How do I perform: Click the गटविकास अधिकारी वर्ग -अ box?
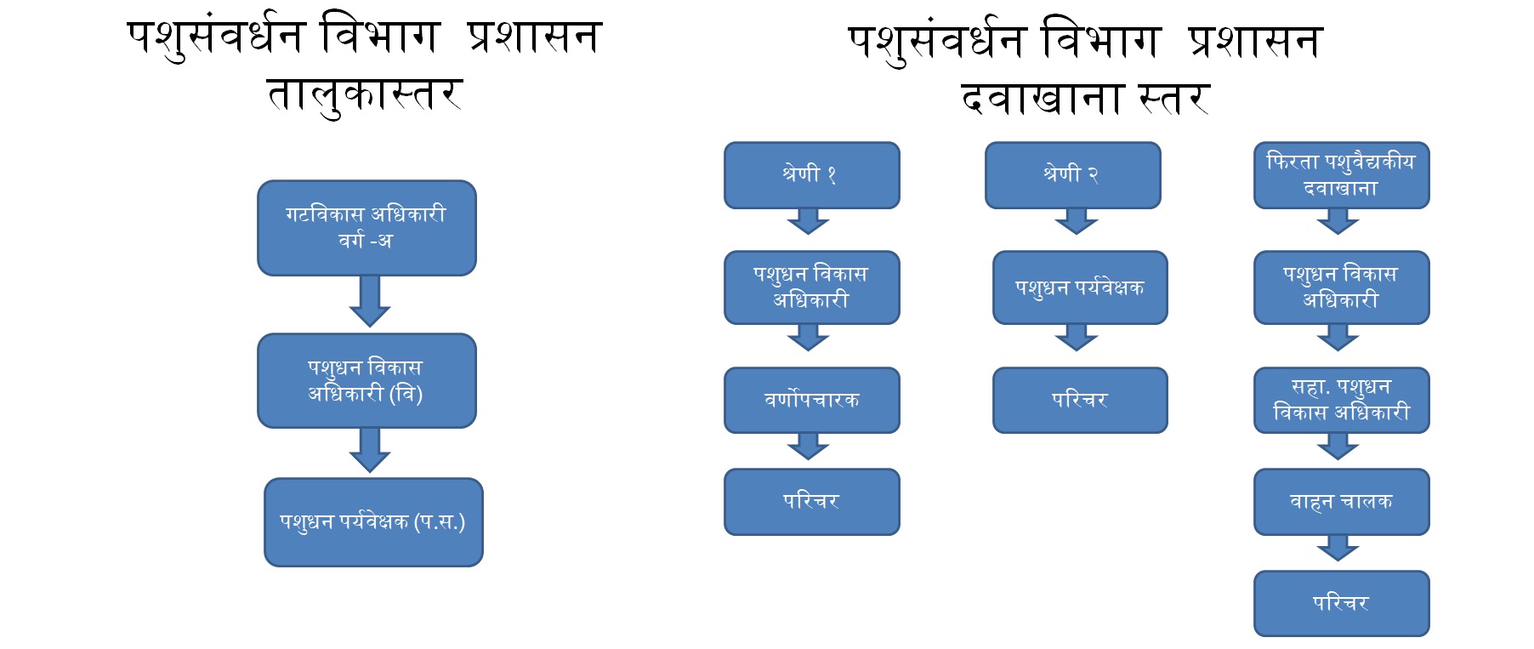click(x=366, y=228)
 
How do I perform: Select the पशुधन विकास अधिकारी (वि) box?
click(x=366, y=380)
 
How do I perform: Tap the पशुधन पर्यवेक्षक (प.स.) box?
click(x=373, y=522)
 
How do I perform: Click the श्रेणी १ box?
click(x=811, y=175)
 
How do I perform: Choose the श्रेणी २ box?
click(x=1072, y=175)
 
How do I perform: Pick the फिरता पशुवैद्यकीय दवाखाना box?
click(x=1341, y=175)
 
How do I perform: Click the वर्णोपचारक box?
click(x=811, y=400)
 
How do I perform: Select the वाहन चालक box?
click(x=1341, y=502)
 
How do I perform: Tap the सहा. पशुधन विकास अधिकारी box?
click(x=1341, y=400)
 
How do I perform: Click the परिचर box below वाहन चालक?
click(x=1341, y=603)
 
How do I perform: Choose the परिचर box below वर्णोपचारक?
click(x=811, y=502)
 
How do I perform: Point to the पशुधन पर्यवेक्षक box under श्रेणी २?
click(x=1080, y=287)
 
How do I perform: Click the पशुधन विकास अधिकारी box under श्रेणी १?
click(x=811, y=287)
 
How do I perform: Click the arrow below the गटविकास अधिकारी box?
click(x=370, y=301)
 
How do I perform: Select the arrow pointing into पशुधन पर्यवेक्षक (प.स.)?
click(x=370, y=450)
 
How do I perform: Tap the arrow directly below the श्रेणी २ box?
click(x=1077, y=221)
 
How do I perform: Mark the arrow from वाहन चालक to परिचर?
click(x=1338, y=548)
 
